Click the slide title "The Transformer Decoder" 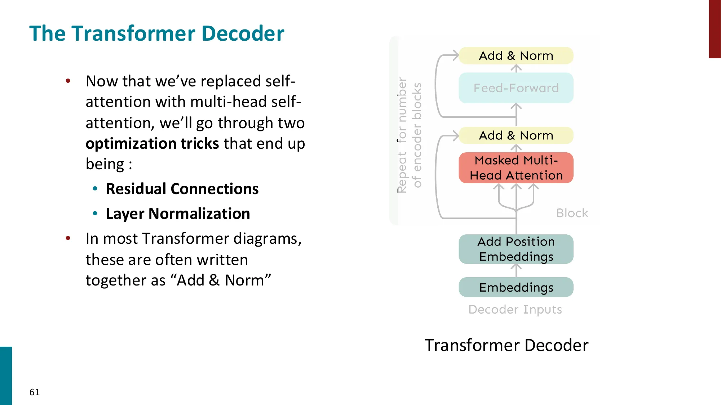click(156, 33)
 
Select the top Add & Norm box click(516, 56)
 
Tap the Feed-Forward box click(516, 88)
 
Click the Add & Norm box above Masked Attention click(516, 136)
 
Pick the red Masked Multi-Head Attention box click(516, 168)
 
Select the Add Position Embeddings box click(516, 249)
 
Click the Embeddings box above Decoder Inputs click(516, 287)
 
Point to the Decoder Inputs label click(515, 310)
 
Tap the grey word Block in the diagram click(572, 213)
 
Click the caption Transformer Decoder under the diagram click(506, 345)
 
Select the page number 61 click(35, 392)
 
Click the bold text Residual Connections click(182, 189)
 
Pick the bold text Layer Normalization click(178, 214)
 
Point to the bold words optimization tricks click(152, 144)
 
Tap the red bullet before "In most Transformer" click(68, 238)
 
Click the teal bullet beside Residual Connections click(95, 189)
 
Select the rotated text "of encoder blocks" click(417, 135)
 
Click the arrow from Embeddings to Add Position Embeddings click(516, 270)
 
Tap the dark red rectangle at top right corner click(715, 29)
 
